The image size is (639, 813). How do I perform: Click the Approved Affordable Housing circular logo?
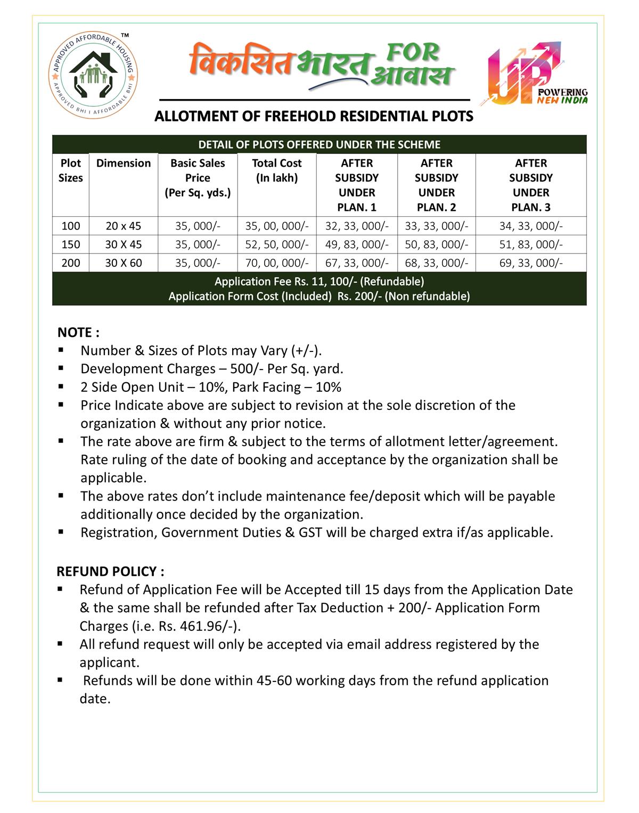click(x=94, y=75)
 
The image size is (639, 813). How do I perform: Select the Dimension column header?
click(x=124, y=163)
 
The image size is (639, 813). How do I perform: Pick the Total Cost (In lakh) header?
click(x=277, y=170)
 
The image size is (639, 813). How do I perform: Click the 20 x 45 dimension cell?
click(x=124, y=226)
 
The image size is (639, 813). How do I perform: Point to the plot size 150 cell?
click(x=71, y=244)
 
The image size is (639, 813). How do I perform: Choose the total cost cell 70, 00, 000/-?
click(x=277, y=263)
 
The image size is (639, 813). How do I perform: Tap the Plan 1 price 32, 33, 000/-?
click(x=357, y=226)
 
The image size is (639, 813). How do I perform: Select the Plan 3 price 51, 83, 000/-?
click(x=531, y=244)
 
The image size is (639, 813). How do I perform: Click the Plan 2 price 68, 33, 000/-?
click(x=437, y=263)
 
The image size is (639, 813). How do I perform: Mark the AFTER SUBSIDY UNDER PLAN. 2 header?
click(x=437, y=185)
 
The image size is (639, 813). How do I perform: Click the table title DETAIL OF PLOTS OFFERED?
click(x=319, y=144)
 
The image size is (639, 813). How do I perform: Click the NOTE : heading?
click(x=78, y=332)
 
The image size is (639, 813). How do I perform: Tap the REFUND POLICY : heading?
click(x=110, y=571)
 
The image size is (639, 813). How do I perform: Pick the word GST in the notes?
click(x=310, y=532)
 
